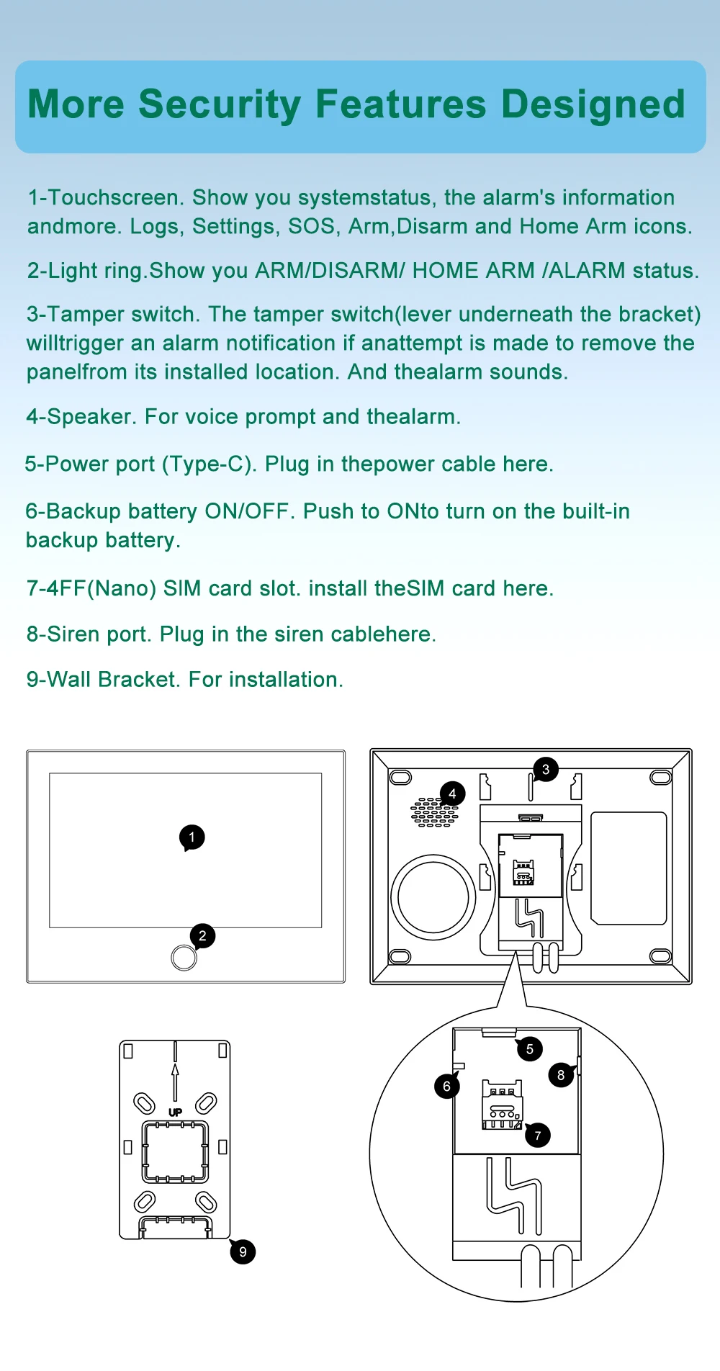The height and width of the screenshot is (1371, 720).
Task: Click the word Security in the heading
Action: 220,104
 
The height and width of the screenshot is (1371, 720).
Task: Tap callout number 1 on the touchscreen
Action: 192,837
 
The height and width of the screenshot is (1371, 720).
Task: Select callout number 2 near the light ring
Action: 202,936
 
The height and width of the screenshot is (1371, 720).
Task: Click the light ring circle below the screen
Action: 184,957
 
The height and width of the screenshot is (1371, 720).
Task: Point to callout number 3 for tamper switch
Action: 546,769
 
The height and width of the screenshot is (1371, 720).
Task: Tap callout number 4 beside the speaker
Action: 452,794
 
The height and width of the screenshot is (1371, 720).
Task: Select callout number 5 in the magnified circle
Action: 529,1049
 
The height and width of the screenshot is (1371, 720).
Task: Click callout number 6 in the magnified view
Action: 446,1086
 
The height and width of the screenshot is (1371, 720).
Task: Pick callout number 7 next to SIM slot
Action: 537,1136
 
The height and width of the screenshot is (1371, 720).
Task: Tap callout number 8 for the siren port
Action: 561,1075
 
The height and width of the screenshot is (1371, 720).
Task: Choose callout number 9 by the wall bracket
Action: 243,1251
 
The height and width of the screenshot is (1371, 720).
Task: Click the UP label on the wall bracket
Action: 175,1112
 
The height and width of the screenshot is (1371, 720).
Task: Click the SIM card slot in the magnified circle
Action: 502,1106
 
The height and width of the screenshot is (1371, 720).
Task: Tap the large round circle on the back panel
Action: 433,897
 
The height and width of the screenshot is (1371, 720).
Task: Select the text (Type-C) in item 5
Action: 209,464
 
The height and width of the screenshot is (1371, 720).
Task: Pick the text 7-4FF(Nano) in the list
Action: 91,588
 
